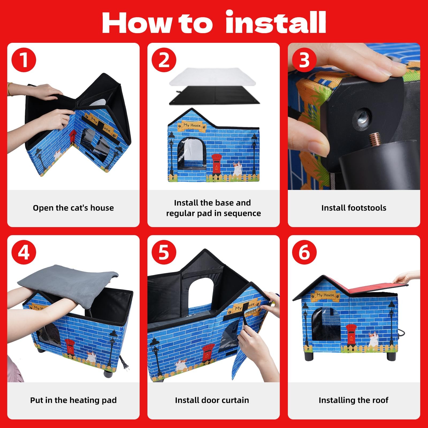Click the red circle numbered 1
[x=24, y=60]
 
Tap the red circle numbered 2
[x=164, y=60]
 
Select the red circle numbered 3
[x=304, y=60]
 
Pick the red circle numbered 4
[x=24, y=252]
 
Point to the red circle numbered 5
[x=164, y=252]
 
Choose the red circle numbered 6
[x=304, y=252]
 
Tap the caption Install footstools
[x=354, y=208]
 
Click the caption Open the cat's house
[x=73, y=208]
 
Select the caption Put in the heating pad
[x=73, y=400]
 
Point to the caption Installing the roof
[x=353, y=400]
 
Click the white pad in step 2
[x=212, y=77]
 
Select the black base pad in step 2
[x=214, y=96]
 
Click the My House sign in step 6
[x=325, y=295]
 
